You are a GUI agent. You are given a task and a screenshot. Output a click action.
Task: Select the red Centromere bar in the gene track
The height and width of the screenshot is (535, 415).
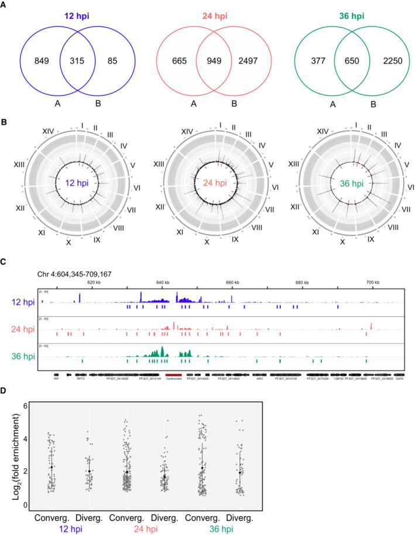[174, 375]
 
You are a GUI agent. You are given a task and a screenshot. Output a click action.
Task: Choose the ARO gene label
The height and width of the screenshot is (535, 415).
[260, 380]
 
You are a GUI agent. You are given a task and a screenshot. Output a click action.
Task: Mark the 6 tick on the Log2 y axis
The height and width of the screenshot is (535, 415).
[24, 405]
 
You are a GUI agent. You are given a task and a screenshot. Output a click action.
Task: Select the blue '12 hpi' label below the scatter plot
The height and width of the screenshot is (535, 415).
[69, 529]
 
